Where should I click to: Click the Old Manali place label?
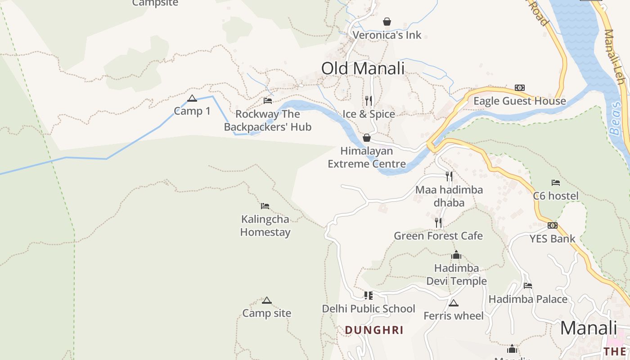363,68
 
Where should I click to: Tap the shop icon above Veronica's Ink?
387,21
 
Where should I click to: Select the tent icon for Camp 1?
192,98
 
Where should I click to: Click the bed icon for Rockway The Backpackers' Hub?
268,100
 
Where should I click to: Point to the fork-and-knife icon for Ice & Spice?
369,100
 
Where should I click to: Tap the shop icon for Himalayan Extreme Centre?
367,138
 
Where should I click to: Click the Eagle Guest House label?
519,101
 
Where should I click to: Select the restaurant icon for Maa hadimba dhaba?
449,176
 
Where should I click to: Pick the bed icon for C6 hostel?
556,183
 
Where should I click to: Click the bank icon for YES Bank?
553,225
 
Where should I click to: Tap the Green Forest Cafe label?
438,236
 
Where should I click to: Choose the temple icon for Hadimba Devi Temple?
456,255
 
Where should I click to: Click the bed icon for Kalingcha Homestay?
265,206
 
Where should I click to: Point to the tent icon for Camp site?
267,300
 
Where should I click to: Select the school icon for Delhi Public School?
369,296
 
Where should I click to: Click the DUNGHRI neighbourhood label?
374,330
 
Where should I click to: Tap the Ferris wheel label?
453,316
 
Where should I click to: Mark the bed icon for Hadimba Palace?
528,285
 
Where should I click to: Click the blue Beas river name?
615,118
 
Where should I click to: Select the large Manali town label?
588,328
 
